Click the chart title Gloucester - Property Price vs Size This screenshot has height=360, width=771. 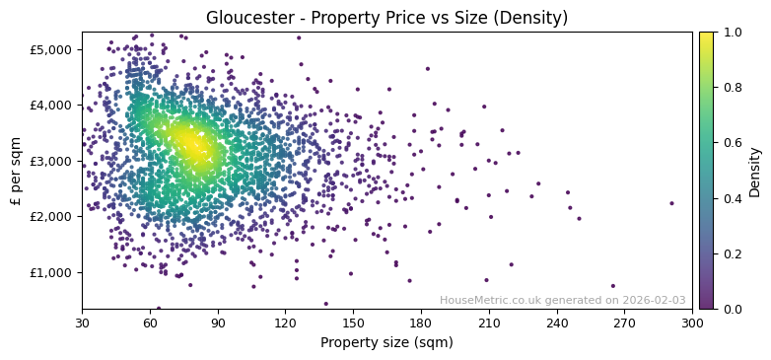click(386, 18)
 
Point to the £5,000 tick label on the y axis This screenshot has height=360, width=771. click(51, 49)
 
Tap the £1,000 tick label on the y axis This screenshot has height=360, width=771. click(51, 272)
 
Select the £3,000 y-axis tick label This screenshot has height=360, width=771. click(51, 161)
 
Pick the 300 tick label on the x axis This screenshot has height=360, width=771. click(692, 323)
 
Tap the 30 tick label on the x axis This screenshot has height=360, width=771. click(82, 323)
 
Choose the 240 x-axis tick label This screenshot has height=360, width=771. click(557, 323)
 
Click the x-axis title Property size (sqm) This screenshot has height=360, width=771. click(386, 342)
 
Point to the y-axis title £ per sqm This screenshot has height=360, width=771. click(16, 170)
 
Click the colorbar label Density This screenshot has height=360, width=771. click(754, 170)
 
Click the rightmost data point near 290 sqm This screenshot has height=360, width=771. click(671, 203)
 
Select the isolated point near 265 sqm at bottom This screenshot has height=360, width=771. click(612, 286)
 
